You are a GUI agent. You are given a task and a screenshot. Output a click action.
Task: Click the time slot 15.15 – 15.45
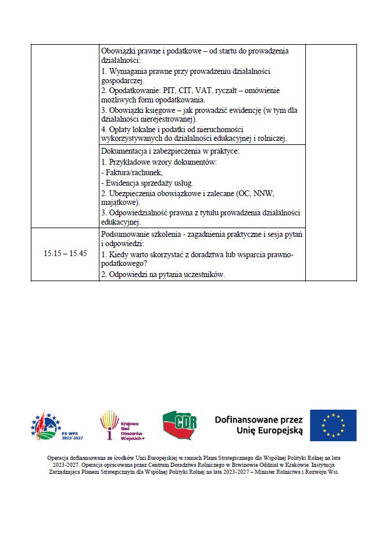click(65, 254)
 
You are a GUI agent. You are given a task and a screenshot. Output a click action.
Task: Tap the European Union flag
click(333, 425)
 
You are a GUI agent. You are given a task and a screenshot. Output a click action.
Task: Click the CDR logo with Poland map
click(180, 425)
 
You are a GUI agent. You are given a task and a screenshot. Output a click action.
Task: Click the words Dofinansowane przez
click(259, 419)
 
